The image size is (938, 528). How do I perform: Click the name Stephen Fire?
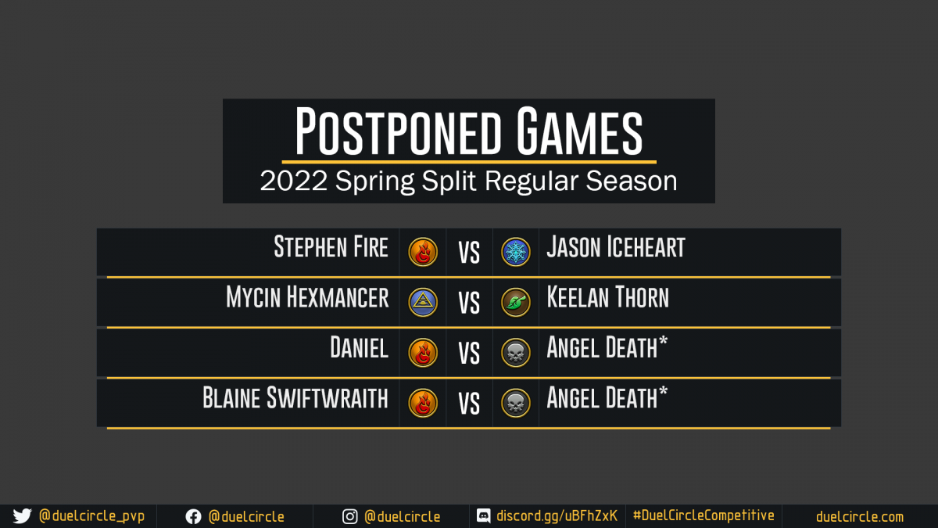331,247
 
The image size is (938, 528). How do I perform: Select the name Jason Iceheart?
616,247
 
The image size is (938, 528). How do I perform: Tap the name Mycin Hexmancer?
307,297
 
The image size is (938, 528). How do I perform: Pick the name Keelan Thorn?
607,297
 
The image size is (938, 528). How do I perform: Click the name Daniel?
359,347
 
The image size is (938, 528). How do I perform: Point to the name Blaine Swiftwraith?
295,397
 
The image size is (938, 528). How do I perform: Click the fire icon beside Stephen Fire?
423,252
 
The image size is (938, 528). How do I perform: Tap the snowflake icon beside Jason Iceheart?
515,252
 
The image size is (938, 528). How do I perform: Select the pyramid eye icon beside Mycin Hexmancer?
423,302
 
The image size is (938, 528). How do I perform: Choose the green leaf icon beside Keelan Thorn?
515,302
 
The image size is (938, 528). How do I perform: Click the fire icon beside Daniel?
423,353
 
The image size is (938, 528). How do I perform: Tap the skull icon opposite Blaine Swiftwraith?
515,403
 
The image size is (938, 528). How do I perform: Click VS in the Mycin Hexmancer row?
469,303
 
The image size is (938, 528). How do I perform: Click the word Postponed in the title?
398,131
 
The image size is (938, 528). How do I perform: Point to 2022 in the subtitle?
293,181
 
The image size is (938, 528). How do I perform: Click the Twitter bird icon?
22,516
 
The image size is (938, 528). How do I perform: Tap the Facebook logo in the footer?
194,517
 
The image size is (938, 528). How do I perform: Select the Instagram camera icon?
349,517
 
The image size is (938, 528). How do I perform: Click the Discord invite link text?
557,515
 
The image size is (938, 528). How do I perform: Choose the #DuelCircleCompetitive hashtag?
703,515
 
